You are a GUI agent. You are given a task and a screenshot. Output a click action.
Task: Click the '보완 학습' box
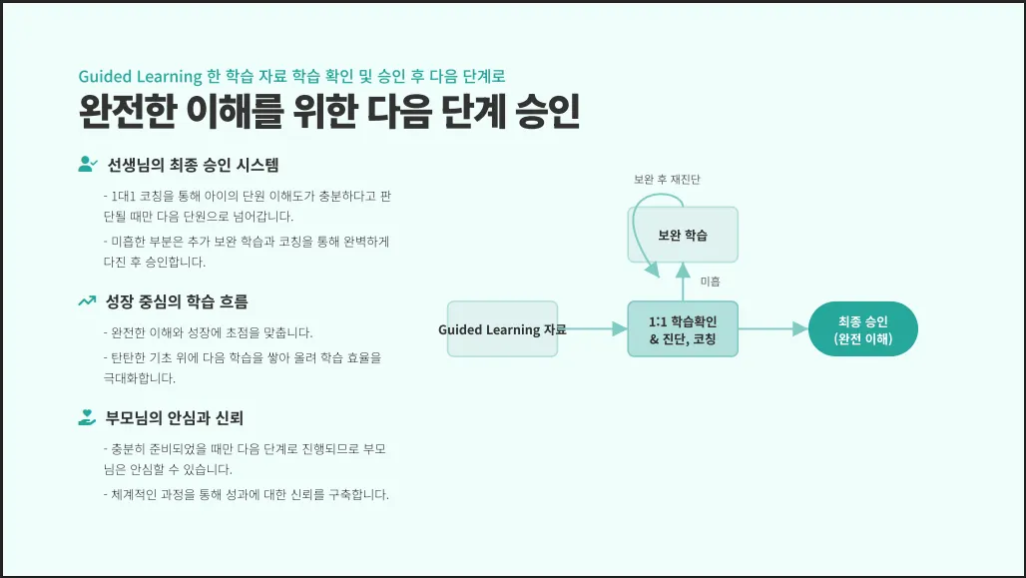click(683, 235)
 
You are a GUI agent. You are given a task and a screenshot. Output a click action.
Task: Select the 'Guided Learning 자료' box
click(502, 329)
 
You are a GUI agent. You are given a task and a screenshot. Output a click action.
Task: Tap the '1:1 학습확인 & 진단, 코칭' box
click(683, 329)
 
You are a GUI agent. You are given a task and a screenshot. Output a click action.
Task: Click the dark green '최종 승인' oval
click(863, 329)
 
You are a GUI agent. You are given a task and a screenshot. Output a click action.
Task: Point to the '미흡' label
click(710, 283)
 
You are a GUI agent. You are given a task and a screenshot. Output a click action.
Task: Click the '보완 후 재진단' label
click(667, 180)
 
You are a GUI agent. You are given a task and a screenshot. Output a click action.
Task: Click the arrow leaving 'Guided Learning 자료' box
click(593, 329)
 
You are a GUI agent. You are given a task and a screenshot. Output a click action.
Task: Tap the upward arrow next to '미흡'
click(683, 282)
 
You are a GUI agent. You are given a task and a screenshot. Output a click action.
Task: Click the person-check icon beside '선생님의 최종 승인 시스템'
click(87, 165)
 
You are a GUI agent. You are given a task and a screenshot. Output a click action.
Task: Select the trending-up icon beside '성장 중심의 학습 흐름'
click(87, 300)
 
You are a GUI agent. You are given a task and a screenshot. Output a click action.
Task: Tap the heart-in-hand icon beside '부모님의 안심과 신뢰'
click(87, 417)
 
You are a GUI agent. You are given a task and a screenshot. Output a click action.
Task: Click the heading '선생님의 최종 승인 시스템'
click(193, 165)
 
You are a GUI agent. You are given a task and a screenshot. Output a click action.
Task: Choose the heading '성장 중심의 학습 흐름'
click(177, 300)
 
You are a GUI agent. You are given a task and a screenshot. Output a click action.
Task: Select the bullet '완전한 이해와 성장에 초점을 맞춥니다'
click(208, 332)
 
